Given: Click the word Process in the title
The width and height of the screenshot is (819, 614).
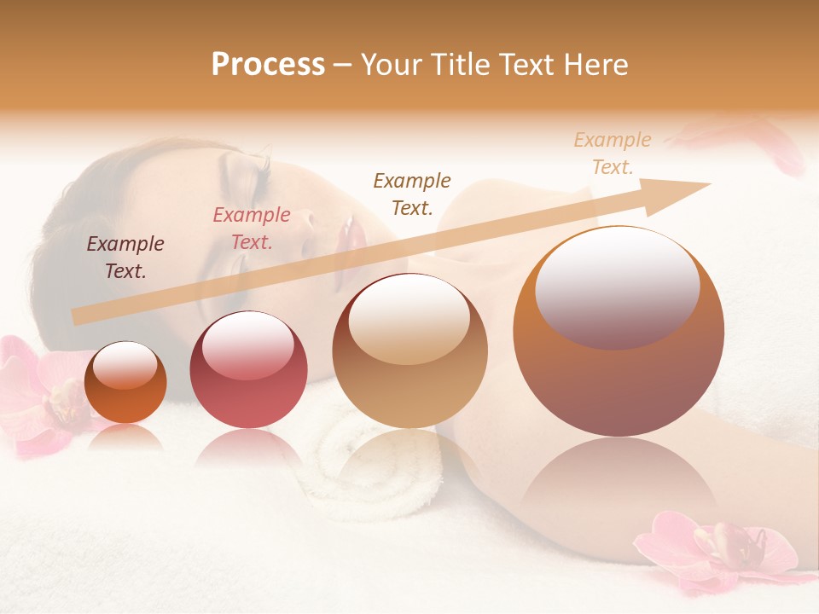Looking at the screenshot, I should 268,65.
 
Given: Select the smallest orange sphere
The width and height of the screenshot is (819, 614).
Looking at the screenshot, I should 125,382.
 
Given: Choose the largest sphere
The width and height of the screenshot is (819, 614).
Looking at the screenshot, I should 619,333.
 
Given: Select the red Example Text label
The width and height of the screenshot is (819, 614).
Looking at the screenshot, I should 252,229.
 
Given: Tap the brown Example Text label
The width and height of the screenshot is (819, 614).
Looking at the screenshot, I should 412,194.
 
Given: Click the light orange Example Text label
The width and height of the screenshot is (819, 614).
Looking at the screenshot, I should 613,153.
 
